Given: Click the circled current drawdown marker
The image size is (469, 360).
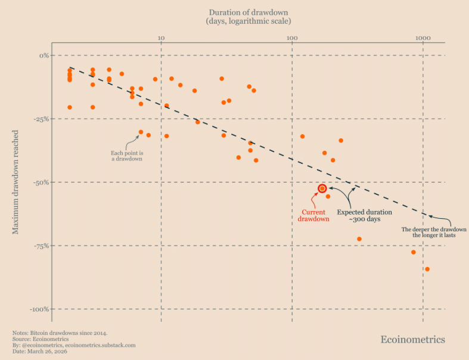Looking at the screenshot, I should pyautogui.click(x=322, y=188).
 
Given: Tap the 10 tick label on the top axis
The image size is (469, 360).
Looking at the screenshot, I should pyautogui.click(x=161, y=38).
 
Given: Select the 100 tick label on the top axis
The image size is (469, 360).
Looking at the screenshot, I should pyautogui.click(x=291, y=38).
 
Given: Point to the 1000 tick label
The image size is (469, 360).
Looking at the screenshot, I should pyautogui.click(x=423, y=38).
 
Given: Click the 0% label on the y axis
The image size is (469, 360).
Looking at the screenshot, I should pyautogui.click(x=43, y=55).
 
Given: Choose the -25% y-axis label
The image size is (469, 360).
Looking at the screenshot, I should pyautogui.click(x=41, y=119).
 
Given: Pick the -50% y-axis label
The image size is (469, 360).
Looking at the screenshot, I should pyautogui.click(x=41, y=182).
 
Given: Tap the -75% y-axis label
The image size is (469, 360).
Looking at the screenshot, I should pyautogui.click(x=41, y=246).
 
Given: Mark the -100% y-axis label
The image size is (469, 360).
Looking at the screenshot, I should pyautogui.click(x=39, y=309).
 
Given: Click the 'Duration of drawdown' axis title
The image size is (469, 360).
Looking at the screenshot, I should pyautogui.click(x=249, y=13).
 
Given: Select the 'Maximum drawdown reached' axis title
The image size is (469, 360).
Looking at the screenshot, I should pyautogui.click(x=16, y=182).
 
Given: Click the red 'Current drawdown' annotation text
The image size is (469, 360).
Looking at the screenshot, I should pyautogui.click(x=313, y=215).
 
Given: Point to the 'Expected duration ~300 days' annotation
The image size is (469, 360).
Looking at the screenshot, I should pyautogui.click(x=365, y=215).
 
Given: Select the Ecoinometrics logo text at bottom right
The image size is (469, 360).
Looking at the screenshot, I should pyautogui.click(x=412, y=339).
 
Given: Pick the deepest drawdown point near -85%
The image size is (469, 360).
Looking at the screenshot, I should pyautogui.click(x=427, y=269).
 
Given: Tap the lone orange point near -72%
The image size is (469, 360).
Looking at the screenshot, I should pyautogui.click(x=359, y=239).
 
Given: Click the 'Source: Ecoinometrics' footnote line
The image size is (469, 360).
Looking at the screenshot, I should pyautogui.click(x=41, y=339).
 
